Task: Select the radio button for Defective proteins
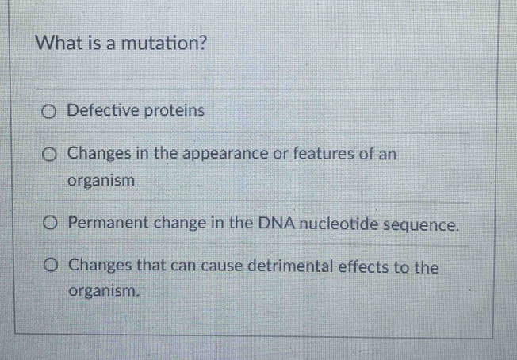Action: [x=51, y=111]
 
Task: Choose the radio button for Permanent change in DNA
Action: [x=51, y=224]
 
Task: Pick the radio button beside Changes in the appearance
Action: [x=51, y=153]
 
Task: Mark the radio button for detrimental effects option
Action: [x=51, y=266]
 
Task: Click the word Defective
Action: [x=101, y=110]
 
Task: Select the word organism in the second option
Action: [x=101, y=180]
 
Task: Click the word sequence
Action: [x=421, y=224]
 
